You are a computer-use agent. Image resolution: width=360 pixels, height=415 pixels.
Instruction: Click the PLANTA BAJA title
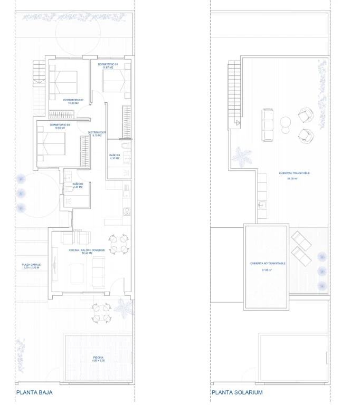point(34,392)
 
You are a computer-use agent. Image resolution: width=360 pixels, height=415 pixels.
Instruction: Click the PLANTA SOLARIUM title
point(237,392)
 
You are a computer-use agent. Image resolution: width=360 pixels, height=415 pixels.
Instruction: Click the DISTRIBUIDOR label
point(97,133)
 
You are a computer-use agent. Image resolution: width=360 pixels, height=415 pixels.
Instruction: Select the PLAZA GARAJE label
point(31,266)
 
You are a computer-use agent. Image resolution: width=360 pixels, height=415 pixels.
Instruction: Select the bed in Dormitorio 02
point(65,84)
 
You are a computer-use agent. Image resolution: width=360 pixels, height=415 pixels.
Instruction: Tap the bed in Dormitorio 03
point(53,144)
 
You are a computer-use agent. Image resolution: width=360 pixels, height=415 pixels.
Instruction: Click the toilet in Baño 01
point(124,146)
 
